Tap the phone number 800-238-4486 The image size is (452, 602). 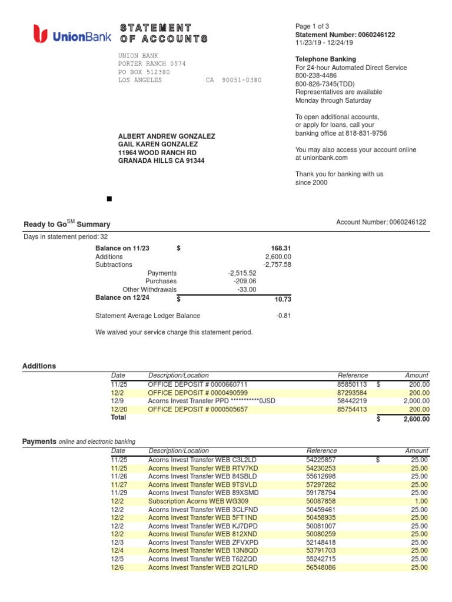click(316, 76)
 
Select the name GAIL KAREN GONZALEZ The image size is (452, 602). click(158, 144)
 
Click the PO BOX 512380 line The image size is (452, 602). click(144, 72)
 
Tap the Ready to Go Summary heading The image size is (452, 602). click(67, 224)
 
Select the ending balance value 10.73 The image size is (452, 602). click(282, 299)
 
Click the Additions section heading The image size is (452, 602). click(39, 366)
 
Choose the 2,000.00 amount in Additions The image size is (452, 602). click(416, 401)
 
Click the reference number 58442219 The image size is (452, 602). click(352, 401)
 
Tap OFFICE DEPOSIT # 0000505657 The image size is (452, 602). click(198, 409)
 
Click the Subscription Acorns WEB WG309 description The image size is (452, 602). click(194, 501)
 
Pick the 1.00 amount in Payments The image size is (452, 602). click(421, 501)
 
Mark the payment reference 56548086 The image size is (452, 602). click(321, 567)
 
